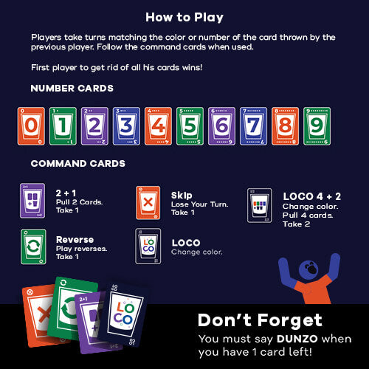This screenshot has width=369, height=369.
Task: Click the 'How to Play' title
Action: point(184,17)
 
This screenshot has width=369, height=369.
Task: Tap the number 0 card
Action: point(30,125)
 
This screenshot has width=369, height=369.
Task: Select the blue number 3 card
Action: point(126,125)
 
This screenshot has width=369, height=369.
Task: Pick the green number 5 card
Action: point(190,125)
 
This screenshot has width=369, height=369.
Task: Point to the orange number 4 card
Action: point(158,125)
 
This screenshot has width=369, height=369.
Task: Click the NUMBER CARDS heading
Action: point(72,89)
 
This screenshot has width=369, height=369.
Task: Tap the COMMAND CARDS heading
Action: point(77,163)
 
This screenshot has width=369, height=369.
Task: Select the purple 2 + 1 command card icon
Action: point(32,201)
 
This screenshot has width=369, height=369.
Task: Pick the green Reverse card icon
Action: point(32,246)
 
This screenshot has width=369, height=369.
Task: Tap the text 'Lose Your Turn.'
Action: point(195,204)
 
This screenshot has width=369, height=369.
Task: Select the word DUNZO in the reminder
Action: point(276,339)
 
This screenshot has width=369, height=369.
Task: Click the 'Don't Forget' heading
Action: point(260,320)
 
